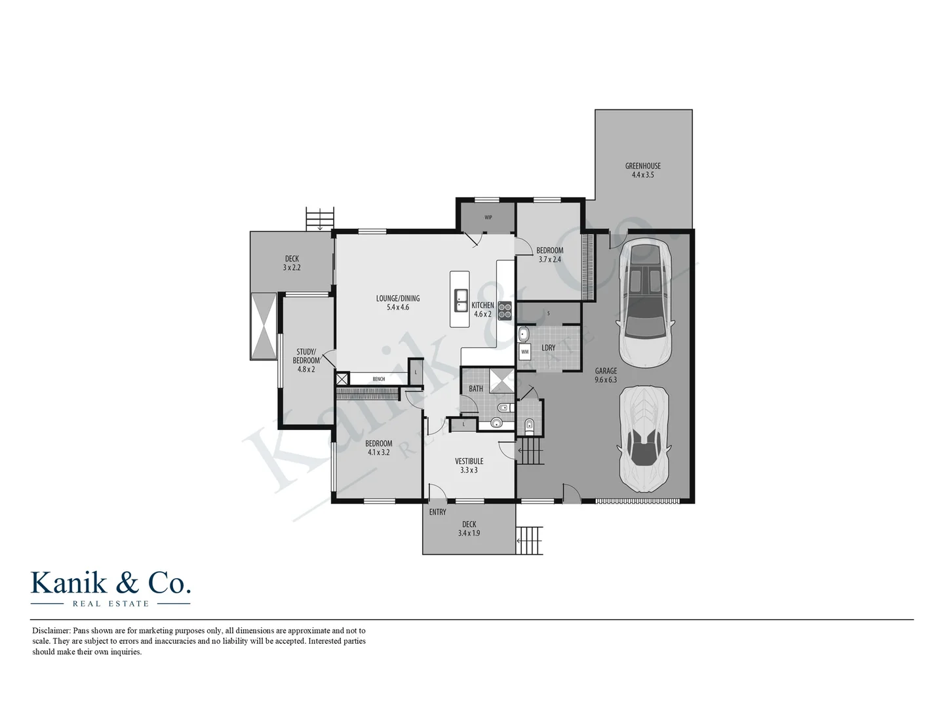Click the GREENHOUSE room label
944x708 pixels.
click(642, 167)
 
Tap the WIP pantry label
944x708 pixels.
click(488, 218)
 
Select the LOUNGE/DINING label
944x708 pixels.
click(397, 298)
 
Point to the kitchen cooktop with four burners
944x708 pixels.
click(504, 310)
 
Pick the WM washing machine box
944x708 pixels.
click(524, 352)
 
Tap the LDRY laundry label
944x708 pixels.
click(548, 347)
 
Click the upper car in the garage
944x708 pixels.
click(644, 302)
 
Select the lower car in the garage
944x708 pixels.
click(644, 438)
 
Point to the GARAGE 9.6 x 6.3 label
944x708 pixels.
click(606, 375)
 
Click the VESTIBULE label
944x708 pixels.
click(469, 462)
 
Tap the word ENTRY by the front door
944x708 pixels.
click(437, 512)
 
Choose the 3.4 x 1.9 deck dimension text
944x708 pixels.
click(469, 534)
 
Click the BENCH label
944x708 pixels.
click(378, 379)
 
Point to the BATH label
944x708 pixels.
click(476, 389)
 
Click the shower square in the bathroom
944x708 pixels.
click(502, 380)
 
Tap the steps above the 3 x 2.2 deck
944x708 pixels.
click(320, 218)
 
